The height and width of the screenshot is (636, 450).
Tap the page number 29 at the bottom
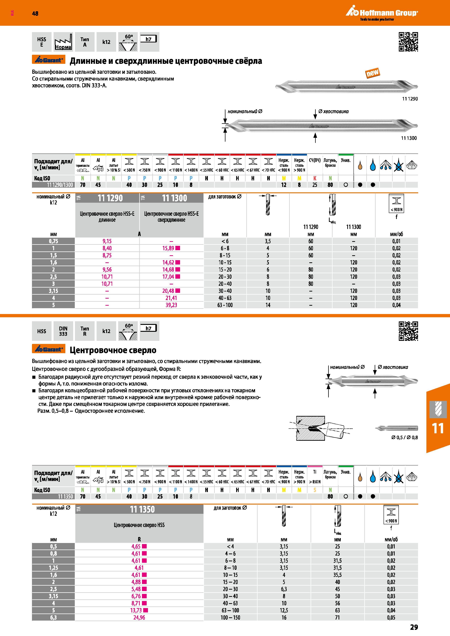pos(414,627)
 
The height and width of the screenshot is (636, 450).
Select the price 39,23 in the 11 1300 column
pos(171,305)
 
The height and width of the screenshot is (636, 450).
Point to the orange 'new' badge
pos(372,73)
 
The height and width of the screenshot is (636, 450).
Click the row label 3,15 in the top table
pos(54,291)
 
